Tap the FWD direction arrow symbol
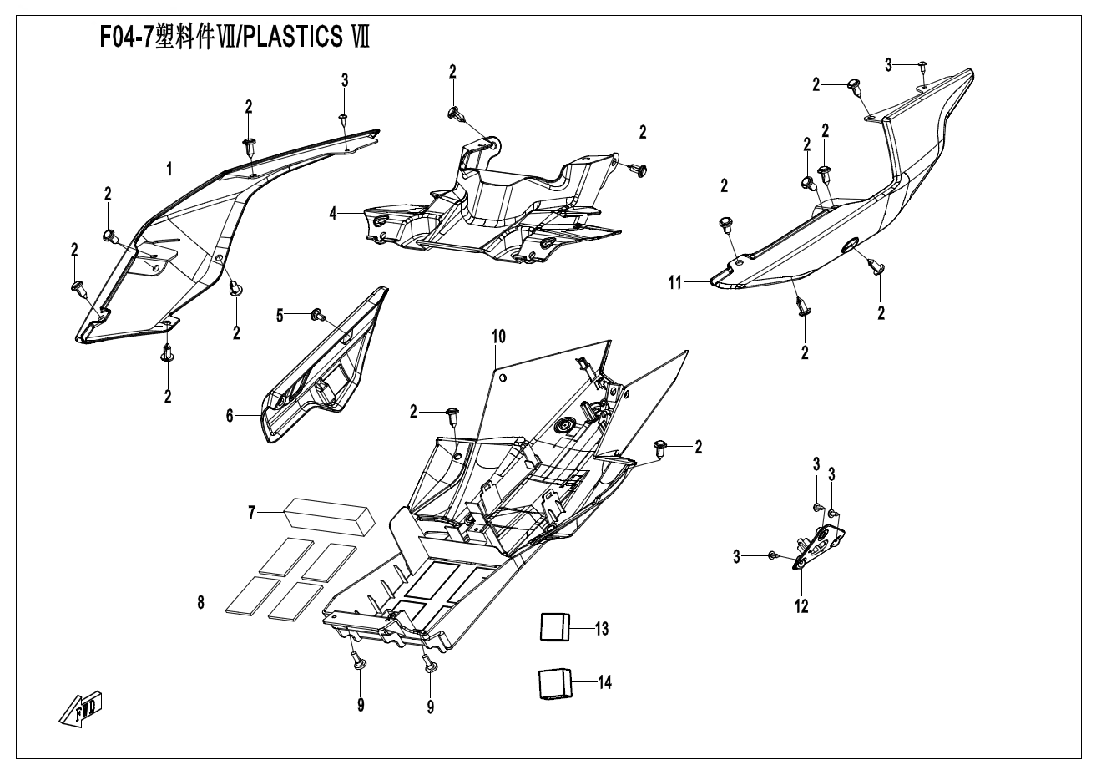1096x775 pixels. point(81,709)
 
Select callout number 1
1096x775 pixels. point(169,170)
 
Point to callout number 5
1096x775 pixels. point(280,315)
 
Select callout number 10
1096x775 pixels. point(498,337)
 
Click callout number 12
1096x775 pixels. point(801,607)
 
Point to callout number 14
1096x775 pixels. point(604,683)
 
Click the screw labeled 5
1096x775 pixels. point(317,314)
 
